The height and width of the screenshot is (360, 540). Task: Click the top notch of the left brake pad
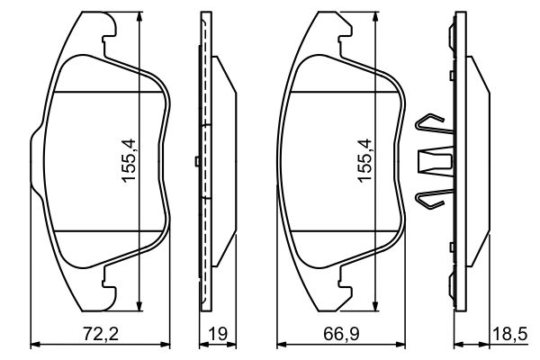[x=108, y=39]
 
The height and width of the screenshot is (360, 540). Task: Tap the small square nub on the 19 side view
[x=195, y=162]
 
